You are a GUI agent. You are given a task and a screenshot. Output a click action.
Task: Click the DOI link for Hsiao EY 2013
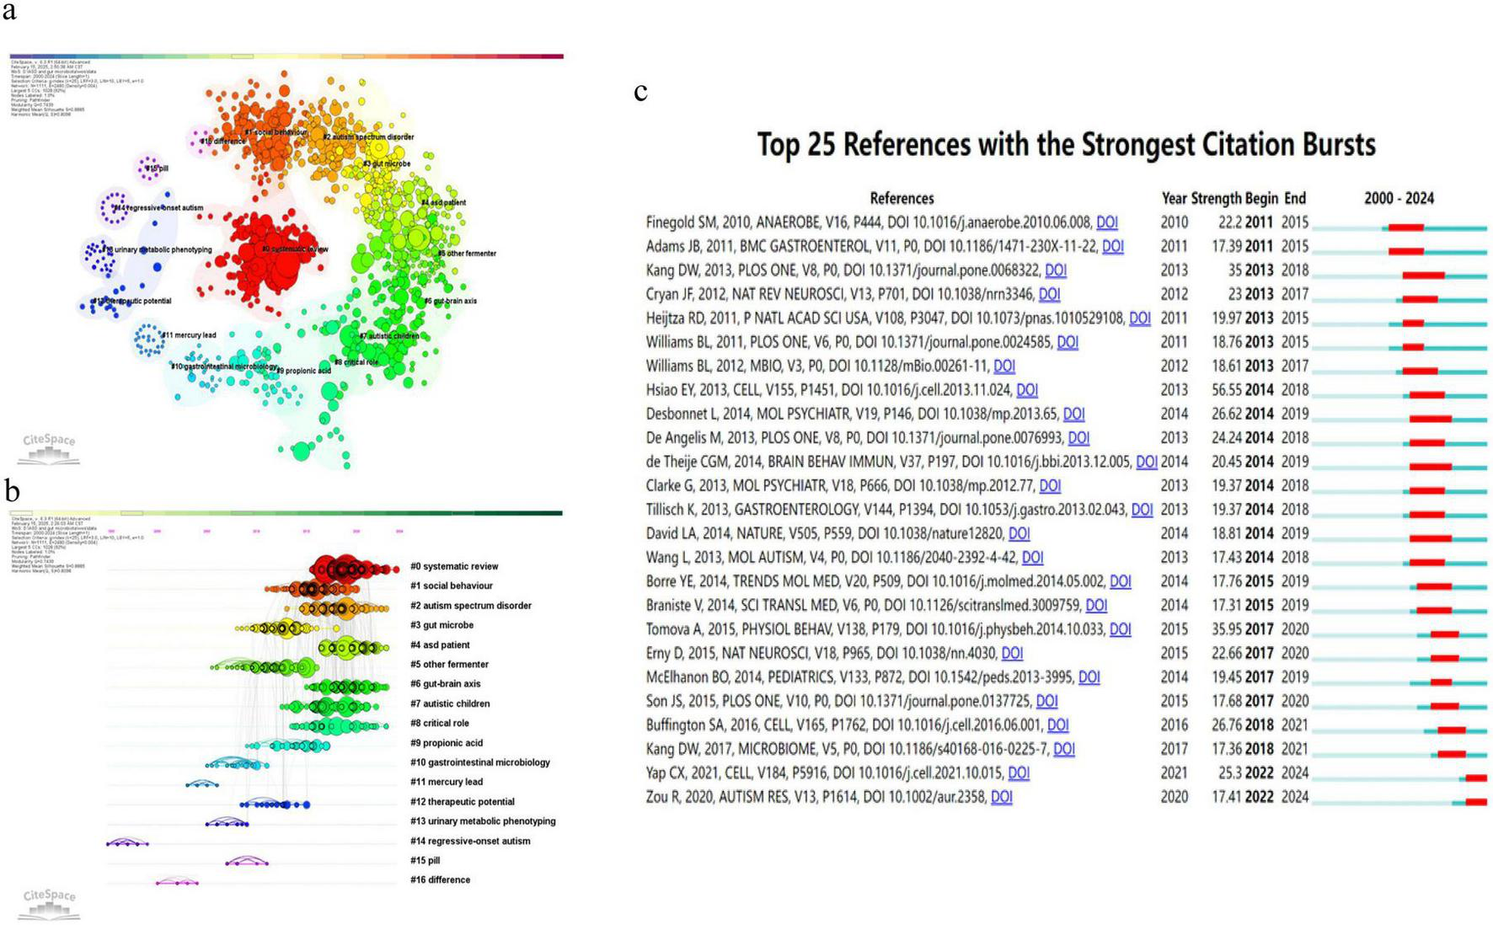[x=1026, y=390]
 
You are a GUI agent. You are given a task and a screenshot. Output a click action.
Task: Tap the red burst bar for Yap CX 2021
[x=1475, y=778]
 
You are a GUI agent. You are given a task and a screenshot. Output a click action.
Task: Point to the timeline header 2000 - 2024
[x=1399, y=198]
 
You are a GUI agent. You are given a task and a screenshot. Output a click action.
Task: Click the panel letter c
[x=640, y=91]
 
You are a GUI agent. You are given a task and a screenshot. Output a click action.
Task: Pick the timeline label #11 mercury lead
[x=447, y=782]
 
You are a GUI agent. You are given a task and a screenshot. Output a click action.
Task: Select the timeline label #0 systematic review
[x=454, y=566]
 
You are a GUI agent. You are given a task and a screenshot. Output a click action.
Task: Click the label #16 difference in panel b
[x=440, y=880]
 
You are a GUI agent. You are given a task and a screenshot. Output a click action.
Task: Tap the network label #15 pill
[x=157, y=168]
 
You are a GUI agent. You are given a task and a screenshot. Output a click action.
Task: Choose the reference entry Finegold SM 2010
[x=868, y=222]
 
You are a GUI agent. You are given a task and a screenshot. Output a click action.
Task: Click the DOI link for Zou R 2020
[x=1001, y=796]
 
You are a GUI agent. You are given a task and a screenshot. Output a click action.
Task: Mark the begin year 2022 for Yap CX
[x=1259, y=773]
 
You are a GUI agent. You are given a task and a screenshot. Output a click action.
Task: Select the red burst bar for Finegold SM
[x=1405, y=227]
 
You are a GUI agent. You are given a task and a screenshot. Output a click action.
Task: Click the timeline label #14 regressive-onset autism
[x=470, y=841]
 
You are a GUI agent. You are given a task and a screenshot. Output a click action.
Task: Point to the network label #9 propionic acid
[x=303, y=371]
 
